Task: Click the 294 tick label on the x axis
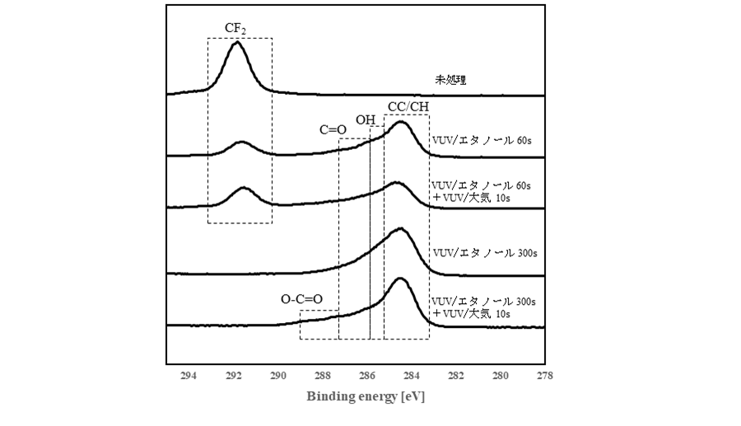pos(188,377)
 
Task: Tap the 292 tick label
pos(233,377)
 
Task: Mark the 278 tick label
pos(543,377)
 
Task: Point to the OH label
pos(366,120)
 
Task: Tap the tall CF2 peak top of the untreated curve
pos(237,42)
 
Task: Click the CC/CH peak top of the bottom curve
pos(401,279)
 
